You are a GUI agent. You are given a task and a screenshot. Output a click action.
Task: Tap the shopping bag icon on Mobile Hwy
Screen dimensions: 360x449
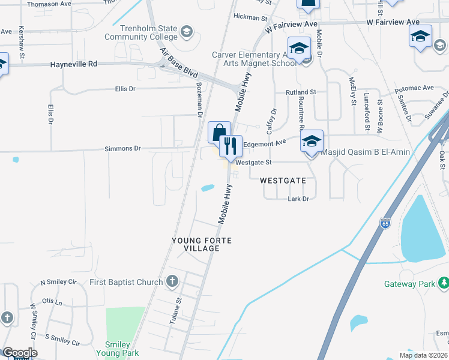(x=219, y=132)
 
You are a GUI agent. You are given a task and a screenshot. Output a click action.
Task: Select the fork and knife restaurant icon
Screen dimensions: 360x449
(x=229, y=145)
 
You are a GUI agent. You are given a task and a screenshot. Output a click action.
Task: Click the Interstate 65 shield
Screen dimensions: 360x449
(x=384, y=223)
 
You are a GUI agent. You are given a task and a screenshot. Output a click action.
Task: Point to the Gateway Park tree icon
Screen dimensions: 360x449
(x=444, y=282)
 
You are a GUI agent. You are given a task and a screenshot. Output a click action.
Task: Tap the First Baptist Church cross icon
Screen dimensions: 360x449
(x=172, y=281)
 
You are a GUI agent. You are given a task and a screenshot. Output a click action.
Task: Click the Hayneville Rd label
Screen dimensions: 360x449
(x=74, y=64)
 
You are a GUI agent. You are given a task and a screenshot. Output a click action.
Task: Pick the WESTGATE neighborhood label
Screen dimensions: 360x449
(x=283, y=180)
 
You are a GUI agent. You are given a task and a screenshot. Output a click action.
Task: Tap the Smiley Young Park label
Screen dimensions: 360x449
(x=122, y=349)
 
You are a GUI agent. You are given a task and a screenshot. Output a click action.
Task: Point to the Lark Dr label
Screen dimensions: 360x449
(x=298, y=199)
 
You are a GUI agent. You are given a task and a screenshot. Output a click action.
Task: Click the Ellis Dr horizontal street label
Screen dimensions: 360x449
(x=125, y=89)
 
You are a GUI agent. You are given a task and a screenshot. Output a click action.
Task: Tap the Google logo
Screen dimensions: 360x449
(x=19, y=352)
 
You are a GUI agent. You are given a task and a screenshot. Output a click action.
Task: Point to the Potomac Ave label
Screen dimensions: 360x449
(x=414, y=88)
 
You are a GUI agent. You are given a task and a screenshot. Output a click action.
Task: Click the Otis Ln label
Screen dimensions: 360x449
(x=52, y=302)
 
